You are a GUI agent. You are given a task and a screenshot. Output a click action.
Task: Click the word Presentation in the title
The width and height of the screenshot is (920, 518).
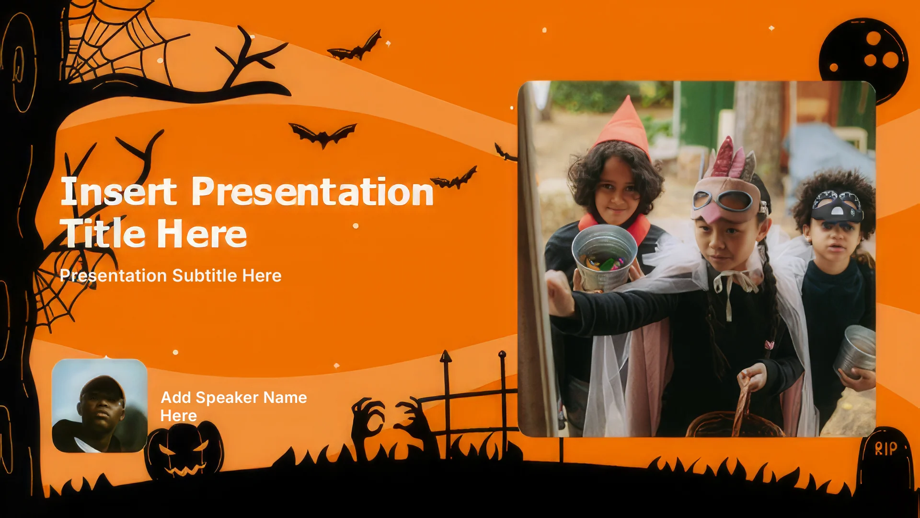[312, 192]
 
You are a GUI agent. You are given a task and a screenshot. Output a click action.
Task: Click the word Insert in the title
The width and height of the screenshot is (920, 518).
[118, 191]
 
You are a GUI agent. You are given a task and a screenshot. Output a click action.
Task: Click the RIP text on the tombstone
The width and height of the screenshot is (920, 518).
[885, 448]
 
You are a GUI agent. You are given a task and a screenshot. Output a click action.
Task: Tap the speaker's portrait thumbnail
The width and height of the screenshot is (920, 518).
[100, 406]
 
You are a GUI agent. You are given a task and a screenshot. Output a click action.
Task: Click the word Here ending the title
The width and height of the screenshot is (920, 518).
[202, 234]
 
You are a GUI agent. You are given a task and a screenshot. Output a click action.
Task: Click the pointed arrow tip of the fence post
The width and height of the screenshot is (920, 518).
[446, 356]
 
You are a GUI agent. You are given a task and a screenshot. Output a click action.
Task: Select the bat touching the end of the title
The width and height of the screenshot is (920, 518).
[454, 179]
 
